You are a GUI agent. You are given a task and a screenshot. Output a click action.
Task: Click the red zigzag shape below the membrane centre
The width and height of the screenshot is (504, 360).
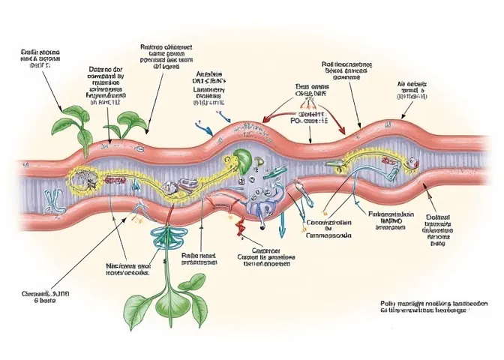point(238,217)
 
